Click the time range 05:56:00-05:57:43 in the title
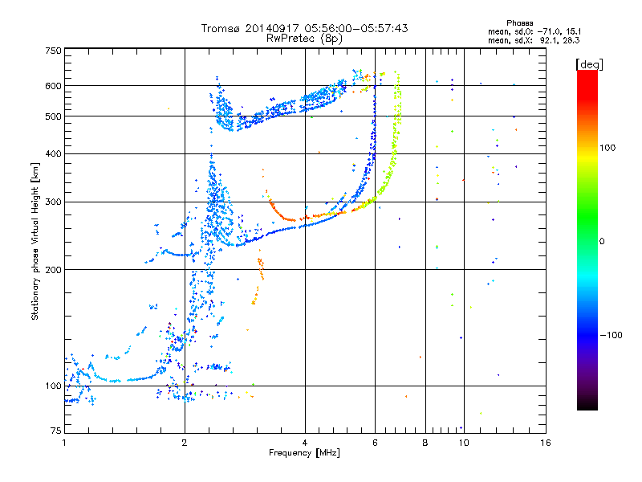(x=356, y=28)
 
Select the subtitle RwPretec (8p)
(x=304, y=39)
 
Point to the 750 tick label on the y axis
(x=53, y=51)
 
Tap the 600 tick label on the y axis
(x=53, y=86)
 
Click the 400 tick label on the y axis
(x=53, y=153)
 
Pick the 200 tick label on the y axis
(x=53, y=270)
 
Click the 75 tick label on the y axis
(x=56, y=431)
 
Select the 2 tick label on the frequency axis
(x=185, y=443)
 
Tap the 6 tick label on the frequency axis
(x=375, y=443)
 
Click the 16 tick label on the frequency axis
(x=546, y=443)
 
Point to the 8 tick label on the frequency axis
(x=425, y=443)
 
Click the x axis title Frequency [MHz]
(x=304, y=453)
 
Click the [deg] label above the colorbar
(x=589, y=64)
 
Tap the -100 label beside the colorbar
(x=611, y=335)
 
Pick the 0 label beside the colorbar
(x=602, y=242)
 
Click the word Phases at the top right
(x=519, y=23)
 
